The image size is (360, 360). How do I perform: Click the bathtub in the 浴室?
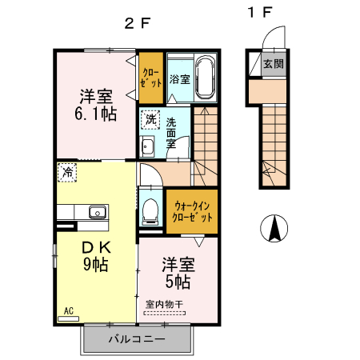point(205,78)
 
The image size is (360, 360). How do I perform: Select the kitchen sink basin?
point(98,212)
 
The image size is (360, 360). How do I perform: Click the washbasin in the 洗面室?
point(147,146)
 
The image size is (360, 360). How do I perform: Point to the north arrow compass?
point(274,228)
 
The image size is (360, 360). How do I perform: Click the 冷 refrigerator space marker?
point(67,173)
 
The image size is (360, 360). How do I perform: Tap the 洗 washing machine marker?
point(150,119)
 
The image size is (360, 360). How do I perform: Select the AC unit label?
point(69,311)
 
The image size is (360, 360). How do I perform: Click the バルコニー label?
point(137,339)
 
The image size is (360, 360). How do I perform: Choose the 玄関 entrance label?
point(274,64)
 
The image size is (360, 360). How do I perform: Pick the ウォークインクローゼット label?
point(192,212)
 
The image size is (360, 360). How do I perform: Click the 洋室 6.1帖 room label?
point(95,105)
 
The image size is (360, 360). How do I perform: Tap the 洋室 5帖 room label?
point(178,273)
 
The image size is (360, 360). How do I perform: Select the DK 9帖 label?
point(96,256)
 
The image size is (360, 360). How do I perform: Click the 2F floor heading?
point(138,23)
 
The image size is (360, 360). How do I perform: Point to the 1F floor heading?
point(260,12)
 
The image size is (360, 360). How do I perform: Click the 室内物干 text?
point(164,304)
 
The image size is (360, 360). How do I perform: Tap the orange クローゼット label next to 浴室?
point(151,78)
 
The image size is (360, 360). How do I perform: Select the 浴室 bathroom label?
point(180,79)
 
